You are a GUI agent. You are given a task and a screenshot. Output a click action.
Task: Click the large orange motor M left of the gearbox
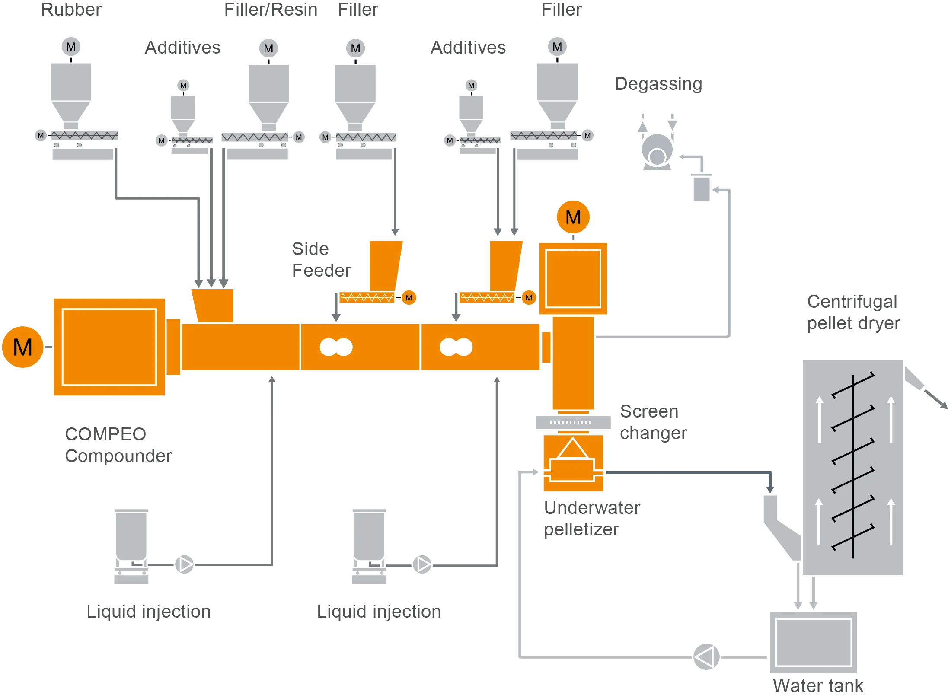pyautogui.click(x=22, y=347)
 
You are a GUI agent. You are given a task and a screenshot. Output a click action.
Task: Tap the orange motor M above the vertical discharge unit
pyautogui.click(x=573, y=217)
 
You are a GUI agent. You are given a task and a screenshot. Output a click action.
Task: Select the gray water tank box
pyautogui.click(x=813, y=642)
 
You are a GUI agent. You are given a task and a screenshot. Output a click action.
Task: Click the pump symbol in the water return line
pyautogui.click(x=706, y=657)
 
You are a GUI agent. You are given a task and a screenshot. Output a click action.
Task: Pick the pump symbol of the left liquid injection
pyautogui.click(x=185, y=564)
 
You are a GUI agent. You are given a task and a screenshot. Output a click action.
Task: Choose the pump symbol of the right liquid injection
pyautogui.click(x=422, y=564)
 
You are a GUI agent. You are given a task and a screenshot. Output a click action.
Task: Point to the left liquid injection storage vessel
pyautogui.click(x=131, y=536)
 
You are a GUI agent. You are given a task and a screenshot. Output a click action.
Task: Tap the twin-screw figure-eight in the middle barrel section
pyautogui.click(x=336, y=347)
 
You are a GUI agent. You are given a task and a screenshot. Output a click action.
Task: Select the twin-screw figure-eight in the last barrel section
pyautogui.click(x=456, y=347)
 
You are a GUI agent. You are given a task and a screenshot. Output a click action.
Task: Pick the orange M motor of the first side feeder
pyautogui.click(x=409, y=297)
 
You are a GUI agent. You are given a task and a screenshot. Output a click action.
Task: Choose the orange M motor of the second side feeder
pyautogui.click(x=529, y=297)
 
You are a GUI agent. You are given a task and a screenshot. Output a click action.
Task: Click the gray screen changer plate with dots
pyautogui.click(x=573, y=422)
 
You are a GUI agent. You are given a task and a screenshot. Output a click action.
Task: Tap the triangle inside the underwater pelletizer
pyautogui.click(x=573, y=449)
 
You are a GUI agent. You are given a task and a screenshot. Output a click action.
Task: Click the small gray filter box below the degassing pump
pyautogui.click(x=701, y=188)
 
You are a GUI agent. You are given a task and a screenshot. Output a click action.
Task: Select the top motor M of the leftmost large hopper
pyautogui.click(x=71, y=47)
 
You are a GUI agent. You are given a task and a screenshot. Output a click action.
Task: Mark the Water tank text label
pyautogui.click(x=817, y=686)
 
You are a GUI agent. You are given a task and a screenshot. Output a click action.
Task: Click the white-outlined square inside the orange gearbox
pyautogui.click(x=109, y=347)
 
